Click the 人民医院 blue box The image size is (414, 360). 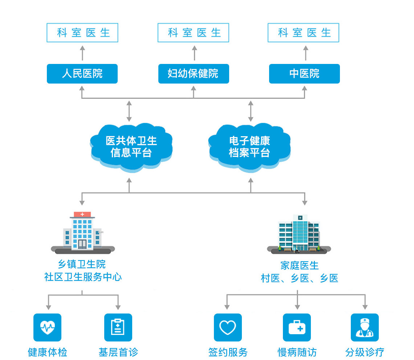tap(82, 74)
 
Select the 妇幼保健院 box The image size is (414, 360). tap(194, 74)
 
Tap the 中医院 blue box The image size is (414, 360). tap(304, 74)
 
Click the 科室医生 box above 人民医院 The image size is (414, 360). tap(82, 33)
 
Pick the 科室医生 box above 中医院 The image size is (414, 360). tap(303, 33)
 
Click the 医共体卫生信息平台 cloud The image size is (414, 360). tap(131, 147)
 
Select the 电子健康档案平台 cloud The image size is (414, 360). tap(249, 147)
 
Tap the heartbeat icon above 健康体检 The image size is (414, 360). tap(47, 327)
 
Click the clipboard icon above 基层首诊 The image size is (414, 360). tap(118, 327)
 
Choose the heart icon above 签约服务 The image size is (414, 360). tap(228, 327)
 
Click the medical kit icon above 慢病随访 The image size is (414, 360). tap(297, 327)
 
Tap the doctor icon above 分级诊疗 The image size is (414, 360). tap(365, 327)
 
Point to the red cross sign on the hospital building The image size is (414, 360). tap(82, 214)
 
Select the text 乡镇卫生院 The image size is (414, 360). tap(82, 264)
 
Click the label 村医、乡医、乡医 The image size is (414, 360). tap(300, 278)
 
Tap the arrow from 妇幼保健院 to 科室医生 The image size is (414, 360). tap(194, 53)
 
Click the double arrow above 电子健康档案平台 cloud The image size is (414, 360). tap(250, 111)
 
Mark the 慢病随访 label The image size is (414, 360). tap(297, 352)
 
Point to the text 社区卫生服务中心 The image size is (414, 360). tap(83, 277)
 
